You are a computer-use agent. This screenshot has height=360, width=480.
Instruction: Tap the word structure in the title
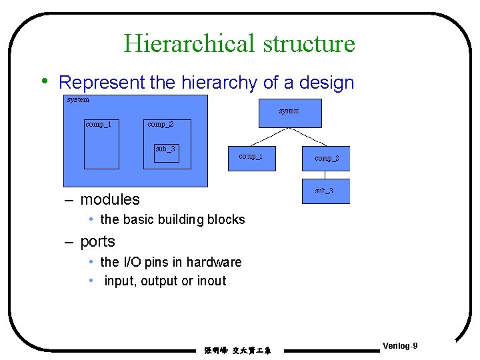[x=309, y=44]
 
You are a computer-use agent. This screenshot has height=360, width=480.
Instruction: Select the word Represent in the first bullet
[x=101, y=83]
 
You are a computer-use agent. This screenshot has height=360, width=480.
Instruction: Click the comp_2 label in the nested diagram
[x=161, y=124]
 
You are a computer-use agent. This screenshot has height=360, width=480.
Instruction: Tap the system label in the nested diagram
[x=78, y=100]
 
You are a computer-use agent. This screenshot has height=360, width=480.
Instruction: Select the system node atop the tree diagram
[x=290, y=113]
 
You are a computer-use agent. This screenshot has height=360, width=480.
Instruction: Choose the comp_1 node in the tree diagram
[x=251, y=158]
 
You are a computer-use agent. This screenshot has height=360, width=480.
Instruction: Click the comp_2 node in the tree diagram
[x=326, y=158]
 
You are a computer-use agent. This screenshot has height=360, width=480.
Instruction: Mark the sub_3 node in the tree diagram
[x=325, y=191]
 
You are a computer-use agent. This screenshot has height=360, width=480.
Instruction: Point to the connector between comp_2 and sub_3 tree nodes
[x=325, y=175]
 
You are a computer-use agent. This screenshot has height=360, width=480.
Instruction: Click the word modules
[x=110, y=199]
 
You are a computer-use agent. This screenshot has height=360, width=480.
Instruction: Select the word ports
[x=97, y=241]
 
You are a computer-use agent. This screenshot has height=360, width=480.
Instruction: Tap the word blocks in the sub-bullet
[x=227, y=219]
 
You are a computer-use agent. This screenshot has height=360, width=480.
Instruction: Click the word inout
[x=212, y=281]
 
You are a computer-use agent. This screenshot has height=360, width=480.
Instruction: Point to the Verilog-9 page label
[x=401, y=345]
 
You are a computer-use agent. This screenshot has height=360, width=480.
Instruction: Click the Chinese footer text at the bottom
[x=237, y=350]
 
